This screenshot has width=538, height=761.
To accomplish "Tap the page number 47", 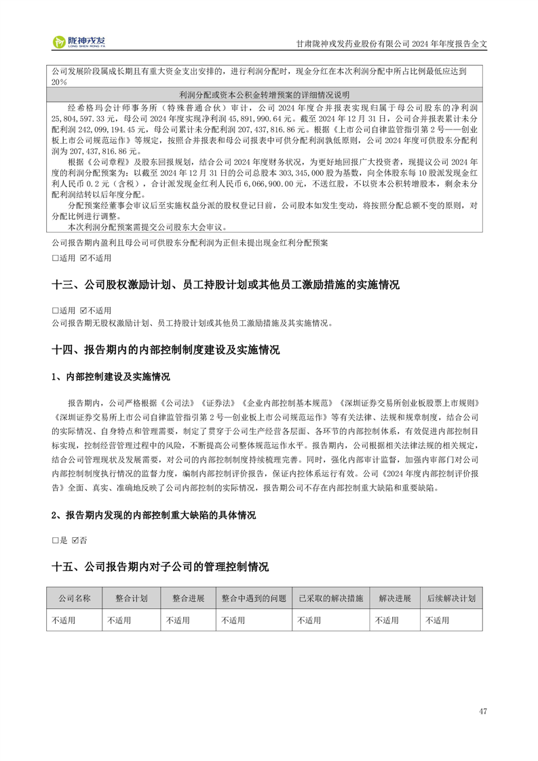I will coord(482,711).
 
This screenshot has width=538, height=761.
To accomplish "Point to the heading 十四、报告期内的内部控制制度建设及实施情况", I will coord(166,350).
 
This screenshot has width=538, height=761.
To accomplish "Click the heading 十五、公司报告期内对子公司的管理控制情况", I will coord(160,566).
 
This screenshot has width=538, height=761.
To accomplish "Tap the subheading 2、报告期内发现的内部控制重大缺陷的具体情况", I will coord(153,515).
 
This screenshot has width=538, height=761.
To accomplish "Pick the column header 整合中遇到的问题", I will coord(254,599).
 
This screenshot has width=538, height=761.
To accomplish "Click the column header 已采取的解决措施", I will coord(331,599).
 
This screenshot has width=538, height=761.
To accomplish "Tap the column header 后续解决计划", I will coord(451,599).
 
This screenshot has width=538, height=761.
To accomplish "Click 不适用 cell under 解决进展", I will coord(387,620).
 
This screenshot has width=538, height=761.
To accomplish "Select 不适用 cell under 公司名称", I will coord(63,620).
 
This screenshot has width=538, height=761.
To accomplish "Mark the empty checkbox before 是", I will coord(55,541).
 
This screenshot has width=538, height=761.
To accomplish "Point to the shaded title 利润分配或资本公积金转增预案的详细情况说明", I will coord(265,95).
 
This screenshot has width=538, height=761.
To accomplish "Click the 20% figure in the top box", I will coord(59,81).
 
